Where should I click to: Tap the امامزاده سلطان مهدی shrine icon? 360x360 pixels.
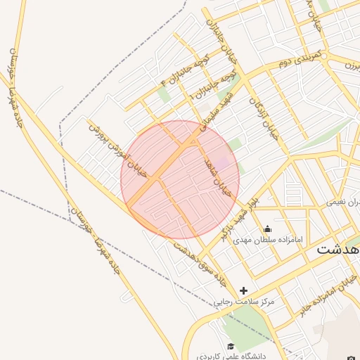tap(267, 229)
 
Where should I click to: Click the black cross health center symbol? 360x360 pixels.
tap(244, 290)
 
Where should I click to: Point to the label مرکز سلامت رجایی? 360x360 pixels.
tap(244, 301)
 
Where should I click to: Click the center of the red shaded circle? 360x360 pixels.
tap(180, 180)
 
